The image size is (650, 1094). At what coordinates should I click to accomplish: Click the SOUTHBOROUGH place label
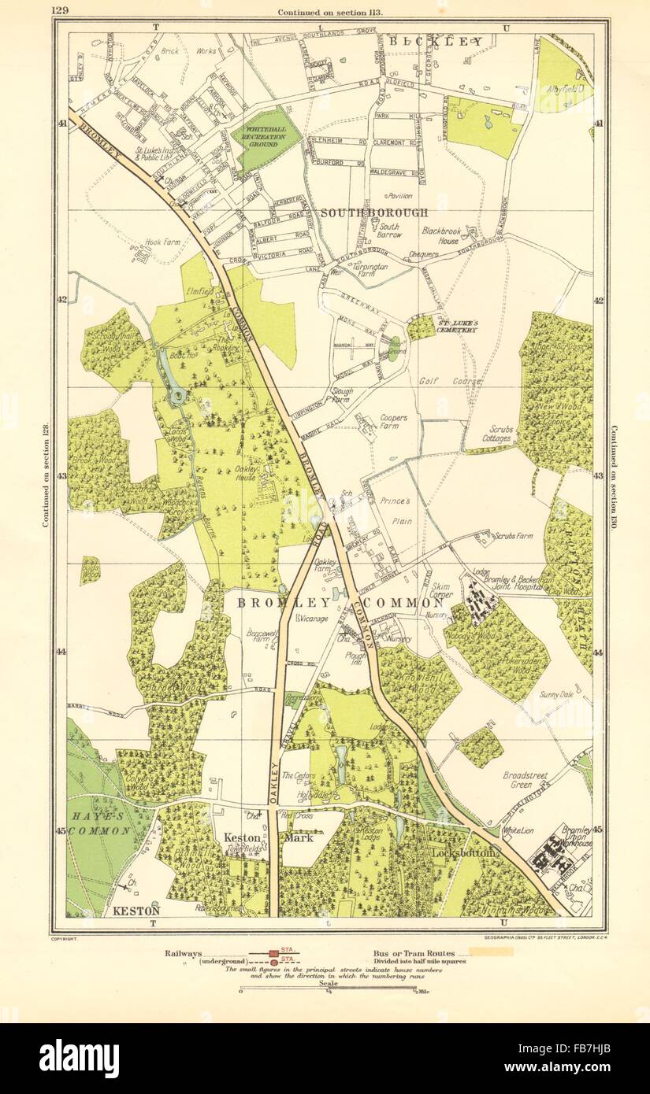coord(374,213)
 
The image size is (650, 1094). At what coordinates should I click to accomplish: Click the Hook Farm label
coord(163,242)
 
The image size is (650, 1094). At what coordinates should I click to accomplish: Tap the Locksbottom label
coord(462,853)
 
